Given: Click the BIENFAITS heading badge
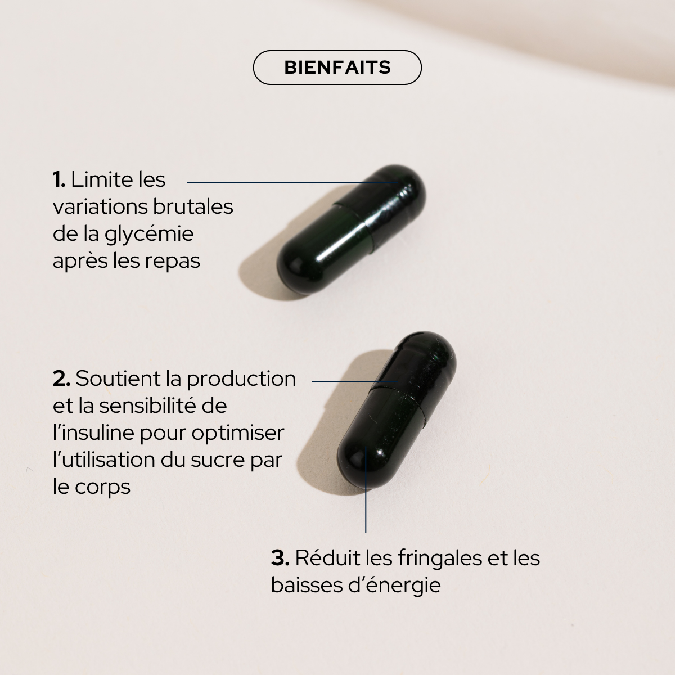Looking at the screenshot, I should [x=337, y=67].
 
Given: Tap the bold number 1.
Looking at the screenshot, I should [x=59, y=180].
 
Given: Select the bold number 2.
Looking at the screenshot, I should [x=61, y=379].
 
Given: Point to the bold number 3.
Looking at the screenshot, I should [x=280, y=558].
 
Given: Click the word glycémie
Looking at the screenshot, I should [x=149, y=234].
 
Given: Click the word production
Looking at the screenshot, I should [x=241, y=379].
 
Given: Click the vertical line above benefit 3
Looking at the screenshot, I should [x=366, y=495].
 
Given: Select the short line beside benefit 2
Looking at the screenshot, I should [x=354, y=381].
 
